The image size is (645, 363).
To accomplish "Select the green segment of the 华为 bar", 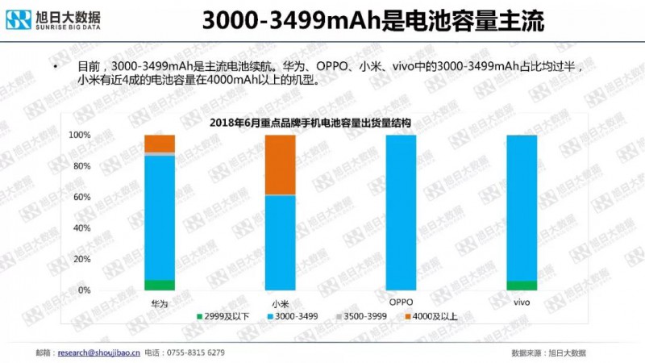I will click(x=160, y=284).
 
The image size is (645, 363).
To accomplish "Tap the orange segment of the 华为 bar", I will click(x=160, y=143).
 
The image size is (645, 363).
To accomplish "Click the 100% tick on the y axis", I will click(x=80, y=135).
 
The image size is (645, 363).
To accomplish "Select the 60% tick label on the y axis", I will click(x=81, y=197).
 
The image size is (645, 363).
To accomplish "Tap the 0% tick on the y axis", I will click(x=84, y=290).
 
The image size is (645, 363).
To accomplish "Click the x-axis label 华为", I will click(x=160, y=303).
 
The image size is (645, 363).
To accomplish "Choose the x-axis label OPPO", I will click(x=401, y=302).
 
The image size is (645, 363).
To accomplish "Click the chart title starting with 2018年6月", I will click(x=310, y=123).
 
